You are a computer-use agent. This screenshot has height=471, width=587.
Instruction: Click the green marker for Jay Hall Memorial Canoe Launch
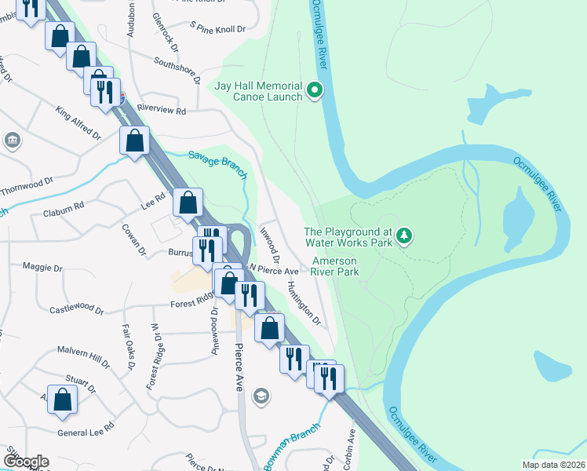(315, 91)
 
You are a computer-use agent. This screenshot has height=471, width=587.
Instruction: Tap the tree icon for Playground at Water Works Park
(404, 235)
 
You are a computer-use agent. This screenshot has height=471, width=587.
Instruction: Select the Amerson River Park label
(335, 266)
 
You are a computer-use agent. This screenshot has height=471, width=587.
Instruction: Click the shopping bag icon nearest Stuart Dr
(63, 399)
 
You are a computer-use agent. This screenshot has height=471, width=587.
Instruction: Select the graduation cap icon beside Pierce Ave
(261, 396)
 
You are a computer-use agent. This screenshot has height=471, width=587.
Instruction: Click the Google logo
(26, 462)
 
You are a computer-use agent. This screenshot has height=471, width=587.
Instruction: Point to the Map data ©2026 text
(553, 465)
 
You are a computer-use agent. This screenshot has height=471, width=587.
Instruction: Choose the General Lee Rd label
(86, 428)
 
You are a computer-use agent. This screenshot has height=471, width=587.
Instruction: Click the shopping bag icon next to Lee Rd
(188, 203)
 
